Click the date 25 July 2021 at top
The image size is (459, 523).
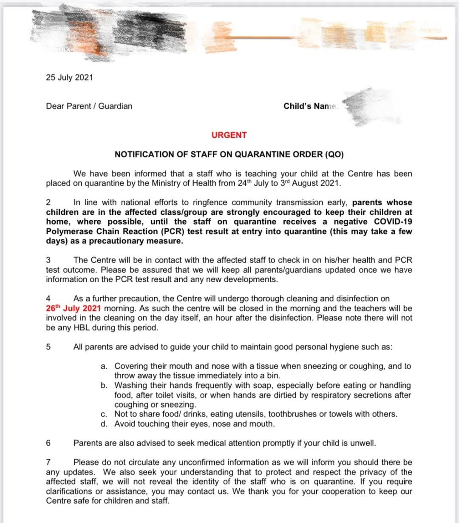(69, 78)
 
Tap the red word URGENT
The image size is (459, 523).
(229, 135)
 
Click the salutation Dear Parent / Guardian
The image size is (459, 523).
(89, 106)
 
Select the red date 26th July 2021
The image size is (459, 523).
(73, 309)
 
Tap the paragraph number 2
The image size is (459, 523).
(48, 203)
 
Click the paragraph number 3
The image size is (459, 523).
(48, 260)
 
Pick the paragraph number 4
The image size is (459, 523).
(48, 299)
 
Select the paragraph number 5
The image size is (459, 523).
(48, 347)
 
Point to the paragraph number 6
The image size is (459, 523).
(48, 443)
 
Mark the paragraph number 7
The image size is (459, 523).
(48, 462)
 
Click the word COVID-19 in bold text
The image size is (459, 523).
(393, 222)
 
